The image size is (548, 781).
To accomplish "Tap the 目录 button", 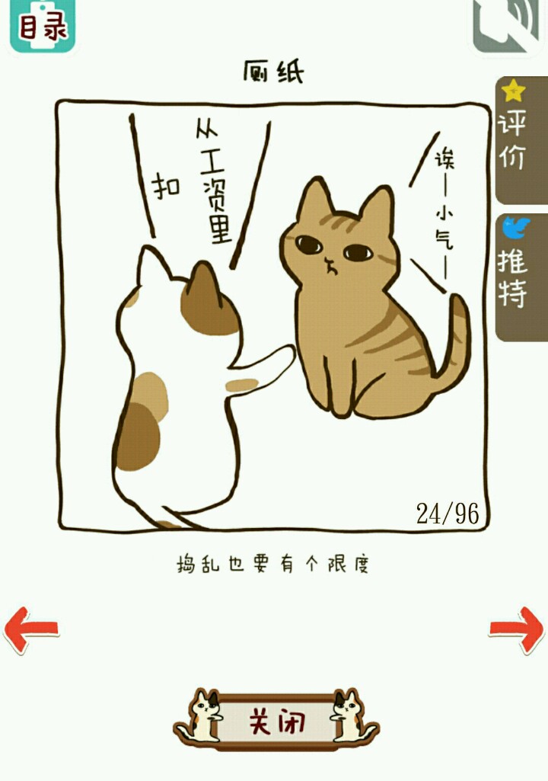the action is [43, 25].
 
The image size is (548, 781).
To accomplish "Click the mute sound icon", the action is [507, 25].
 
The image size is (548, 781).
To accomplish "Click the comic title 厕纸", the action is [273, 72].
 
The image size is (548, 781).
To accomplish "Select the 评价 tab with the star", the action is [521, 139].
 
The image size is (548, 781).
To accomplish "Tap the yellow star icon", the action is [513, 91].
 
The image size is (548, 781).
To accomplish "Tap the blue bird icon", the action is [515, 228].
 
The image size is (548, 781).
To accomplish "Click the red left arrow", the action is [31, 629].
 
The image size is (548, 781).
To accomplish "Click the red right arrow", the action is [517, 629].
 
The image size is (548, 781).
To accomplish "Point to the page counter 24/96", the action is [448, 514].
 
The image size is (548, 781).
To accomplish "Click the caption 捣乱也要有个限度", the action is [272, 565].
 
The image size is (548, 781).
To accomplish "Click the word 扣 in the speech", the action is [166, 187].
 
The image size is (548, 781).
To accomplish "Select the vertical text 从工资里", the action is [214, 184].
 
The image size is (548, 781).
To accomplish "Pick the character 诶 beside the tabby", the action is [444, 158].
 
